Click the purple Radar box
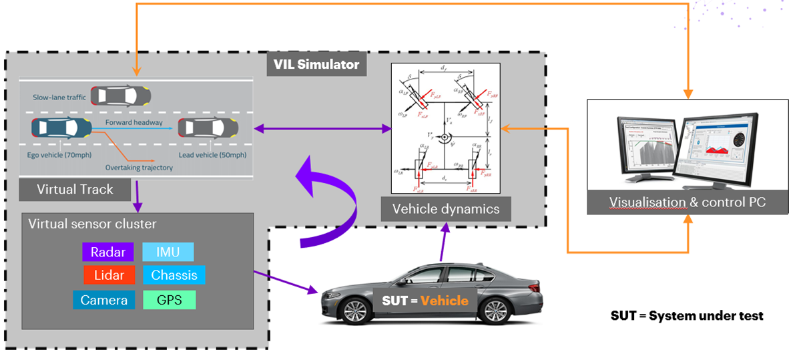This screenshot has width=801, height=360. [108, 252]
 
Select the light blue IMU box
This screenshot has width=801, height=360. [168, 252]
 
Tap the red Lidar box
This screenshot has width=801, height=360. [108, 275]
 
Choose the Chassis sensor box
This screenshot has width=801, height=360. [174, 275]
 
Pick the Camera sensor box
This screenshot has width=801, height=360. [104, 300]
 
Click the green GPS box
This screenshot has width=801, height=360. [170, 300]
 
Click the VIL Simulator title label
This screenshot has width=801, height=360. [316, 65]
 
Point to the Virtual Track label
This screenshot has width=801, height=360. [75, 190]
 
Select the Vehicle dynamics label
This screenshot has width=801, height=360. [445, 209]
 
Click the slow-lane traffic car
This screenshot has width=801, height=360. [121, 96]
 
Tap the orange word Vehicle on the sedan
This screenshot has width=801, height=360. [444, 301]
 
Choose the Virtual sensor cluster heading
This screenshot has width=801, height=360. [93, 224]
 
